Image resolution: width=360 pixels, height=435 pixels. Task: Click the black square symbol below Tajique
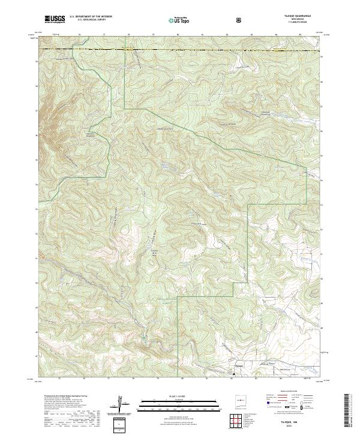coord(233,374)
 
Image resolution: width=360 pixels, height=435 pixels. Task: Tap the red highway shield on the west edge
coord(43,257)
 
